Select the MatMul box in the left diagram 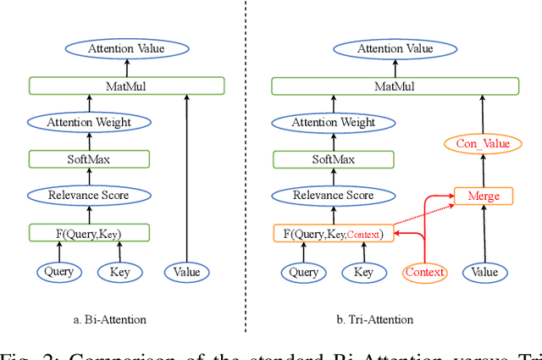[x=126, y=86]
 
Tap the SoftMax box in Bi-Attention [x=89, y=158]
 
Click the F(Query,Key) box [x=89, y=232]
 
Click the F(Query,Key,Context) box [x=334, y=233]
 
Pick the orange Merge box [x=484, y=196]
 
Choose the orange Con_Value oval [x=483, y=144]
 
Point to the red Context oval [x=424, y=272]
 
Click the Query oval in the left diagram [x=59, y=272]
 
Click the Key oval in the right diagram [x=363, y=272]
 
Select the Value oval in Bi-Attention [x=186, y=272]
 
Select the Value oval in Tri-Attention [x=484, y=272]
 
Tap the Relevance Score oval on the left [x=89, y=195]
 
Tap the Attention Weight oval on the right [x=333, y=122]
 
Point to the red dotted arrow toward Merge [x=423, y=213]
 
